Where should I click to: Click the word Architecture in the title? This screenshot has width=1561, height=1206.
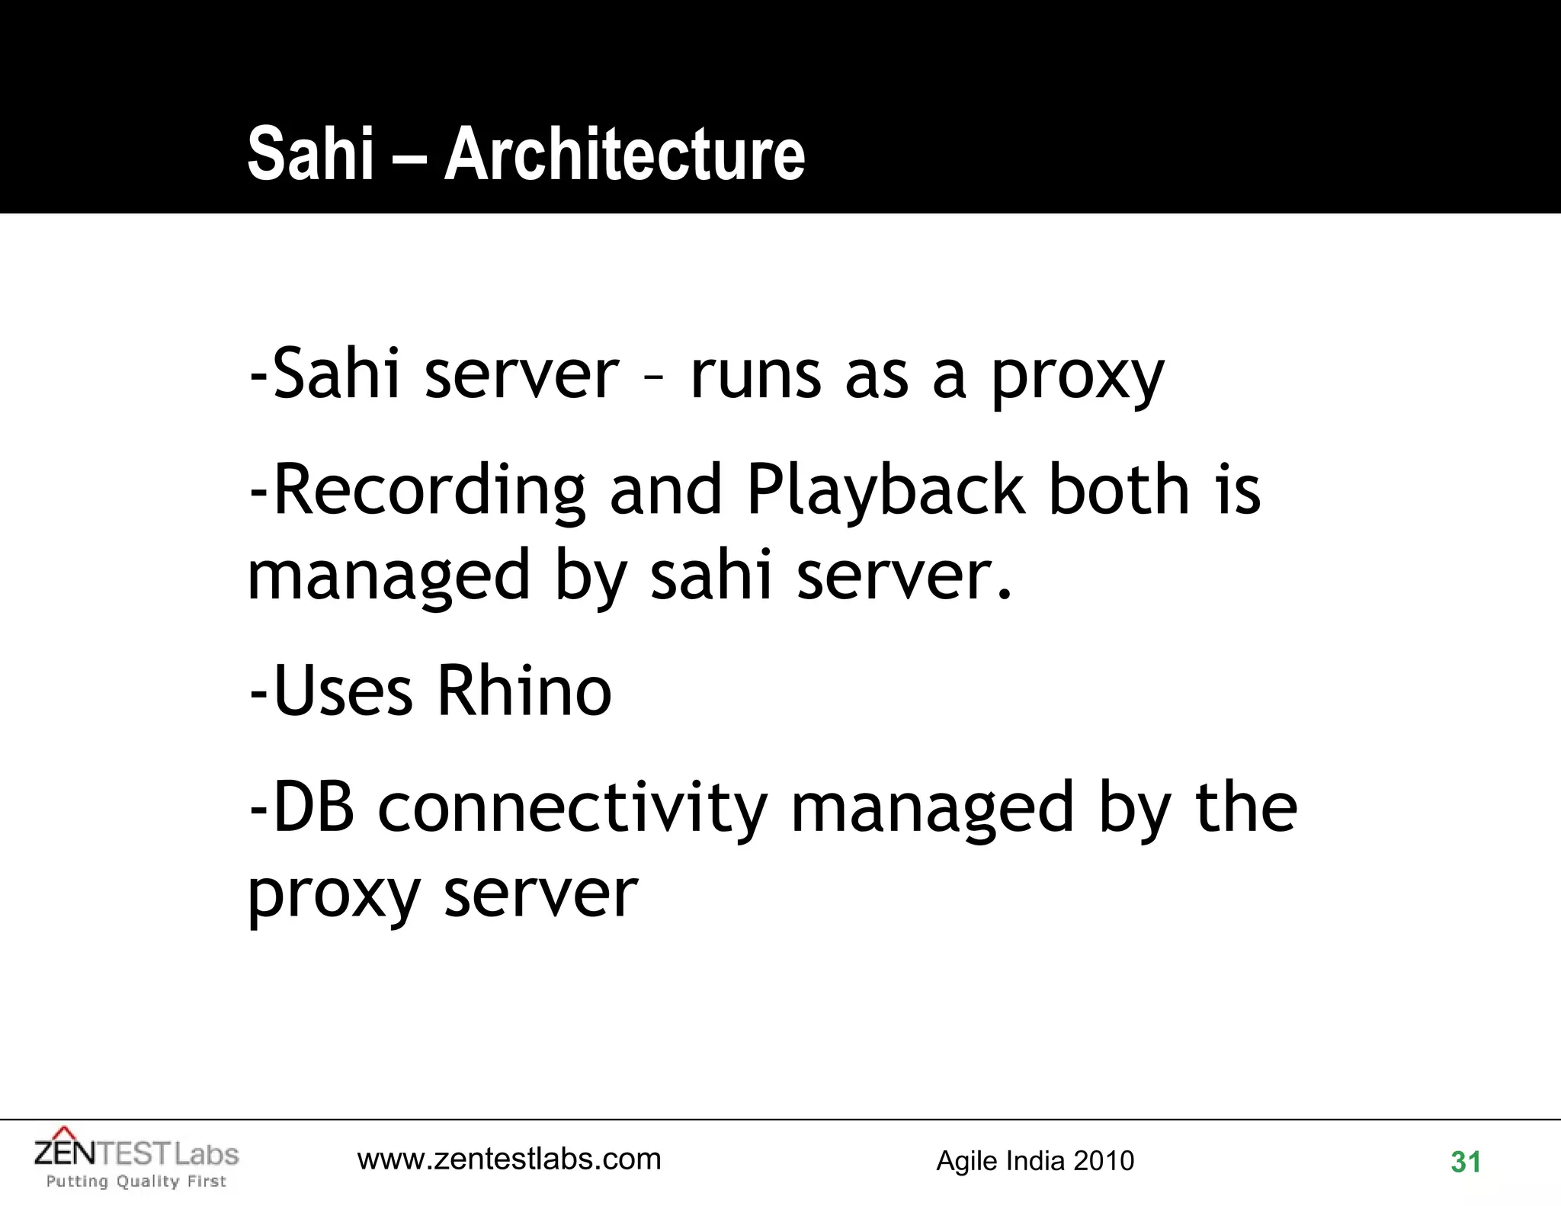[624, 154]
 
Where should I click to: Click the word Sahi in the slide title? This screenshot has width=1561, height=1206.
[311, 154]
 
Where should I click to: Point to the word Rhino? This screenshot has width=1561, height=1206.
[524, 691]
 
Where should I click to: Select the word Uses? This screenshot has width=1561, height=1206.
[343, 691]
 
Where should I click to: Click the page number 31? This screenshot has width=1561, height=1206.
[1466, 1162]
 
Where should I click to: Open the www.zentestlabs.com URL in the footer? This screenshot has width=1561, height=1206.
[509, 1159]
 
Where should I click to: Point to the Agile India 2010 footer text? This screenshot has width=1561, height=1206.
[1035, 1161]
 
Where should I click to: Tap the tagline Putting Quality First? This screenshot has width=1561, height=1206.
[136, 1182]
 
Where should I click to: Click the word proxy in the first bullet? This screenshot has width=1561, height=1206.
[1077, 376]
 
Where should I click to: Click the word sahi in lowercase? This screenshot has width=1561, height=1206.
[711, 576]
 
